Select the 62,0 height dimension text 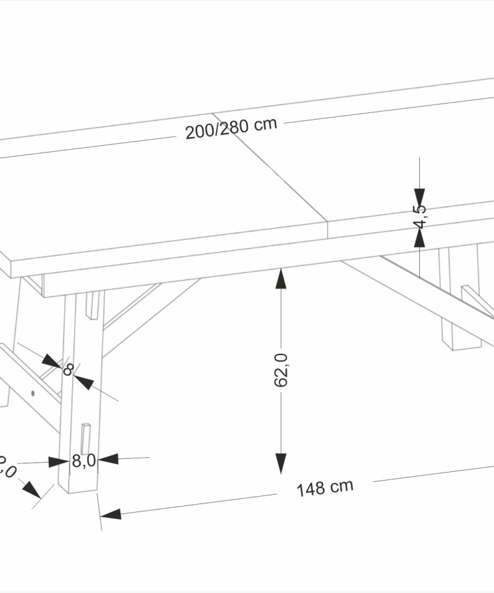click(281, 369)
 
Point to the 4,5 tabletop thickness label click(420, 216)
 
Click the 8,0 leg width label click(83, 461)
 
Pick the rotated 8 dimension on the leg click(69, 369)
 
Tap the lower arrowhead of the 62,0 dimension click(281, 462)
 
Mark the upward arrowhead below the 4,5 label click(420, 238)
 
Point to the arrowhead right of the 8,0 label click(107, 459)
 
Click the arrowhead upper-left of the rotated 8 click(51, 361)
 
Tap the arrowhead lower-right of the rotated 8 click(84, 382)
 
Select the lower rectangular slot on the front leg click(86, 439)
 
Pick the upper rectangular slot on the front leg click(92, 306)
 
